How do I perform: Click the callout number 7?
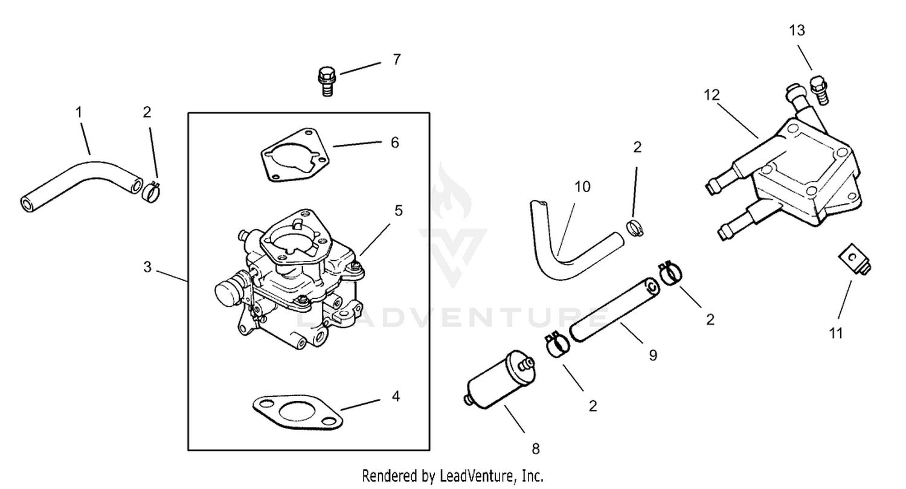point(397,59)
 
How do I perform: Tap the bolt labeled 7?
point(326,81)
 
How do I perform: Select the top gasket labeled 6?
point(295,155)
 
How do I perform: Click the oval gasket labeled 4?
point(298,412)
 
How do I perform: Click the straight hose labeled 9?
point(614,310)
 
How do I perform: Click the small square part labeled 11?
point(854,260)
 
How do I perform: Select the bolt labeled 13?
point(818,90)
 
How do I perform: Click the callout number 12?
point(712,95)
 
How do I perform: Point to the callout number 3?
point(147,267)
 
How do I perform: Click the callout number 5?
point(399,211)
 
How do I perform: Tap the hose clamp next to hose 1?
point(151,193)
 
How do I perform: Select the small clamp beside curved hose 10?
point(634,228)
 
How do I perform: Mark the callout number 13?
point(797,30)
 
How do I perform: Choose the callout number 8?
point(536,449)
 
